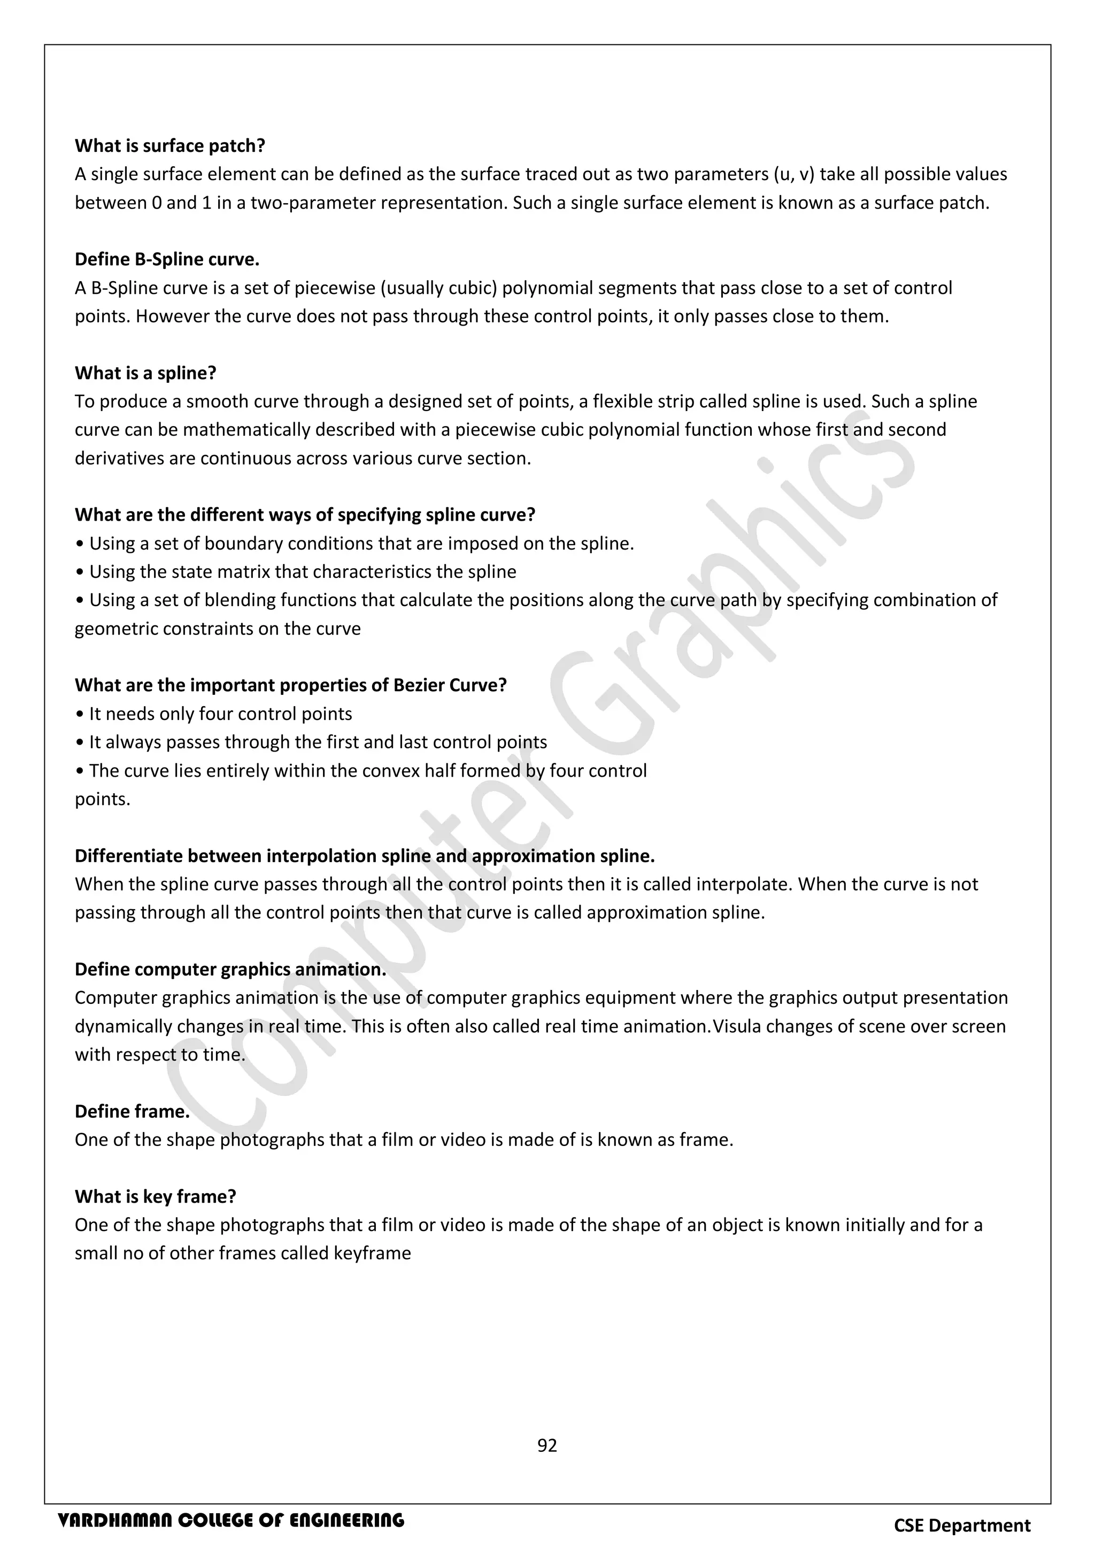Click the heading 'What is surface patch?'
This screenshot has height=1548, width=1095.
click(x=170, y=145)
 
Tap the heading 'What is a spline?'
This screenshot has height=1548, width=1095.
click(x=145, y=373)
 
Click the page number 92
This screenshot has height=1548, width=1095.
click(x=547, y=1445)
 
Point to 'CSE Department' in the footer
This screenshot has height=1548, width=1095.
click(x=962, y=1526)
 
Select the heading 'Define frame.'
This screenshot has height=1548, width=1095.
click(x=132, y=1111)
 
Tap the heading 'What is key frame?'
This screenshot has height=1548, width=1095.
click(x=155, y=1196)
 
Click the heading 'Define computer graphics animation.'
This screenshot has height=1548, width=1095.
click(x=230, y=969)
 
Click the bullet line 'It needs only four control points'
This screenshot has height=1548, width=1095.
click(x=214, y=714)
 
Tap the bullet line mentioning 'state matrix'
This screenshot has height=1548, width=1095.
click(x=296, y=572)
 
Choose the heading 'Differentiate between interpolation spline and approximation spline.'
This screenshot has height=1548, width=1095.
click(x=365, y=856)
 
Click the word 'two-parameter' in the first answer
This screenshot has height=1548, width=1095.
click(x=313, y=203)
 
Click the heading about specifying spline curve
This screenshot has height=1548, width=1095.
click(x=305, y=515)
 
